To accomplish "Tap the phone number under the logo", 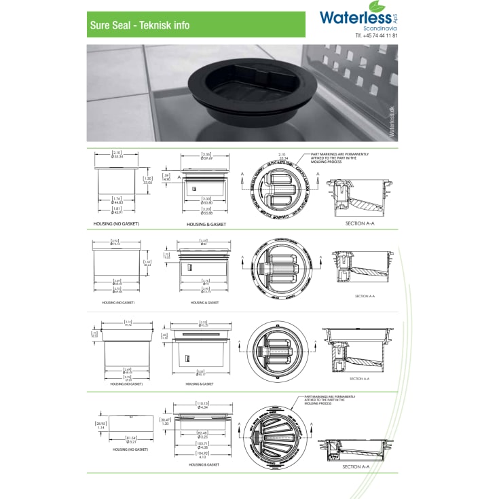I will pyautogui.click(x=376, y=35).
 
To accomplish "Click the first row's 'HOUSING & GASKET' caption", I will pyautogui.click(x=206, y=224).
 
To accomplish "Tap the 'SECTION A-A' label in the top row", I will pyautogui.click(x=360, y=221).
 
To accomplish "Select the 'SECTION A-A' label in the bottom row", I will pyautogui.click(x=356, y=466).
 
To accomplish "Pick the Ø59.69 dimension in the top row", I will pyautogui.click(x=206, y=158).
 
